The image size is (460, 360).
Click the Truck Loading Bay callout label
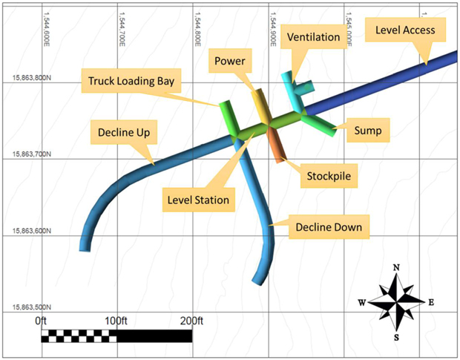coord(131,81)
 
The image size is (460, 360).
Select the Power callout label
coord(230,61)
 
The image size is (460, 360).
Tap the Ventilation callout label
coord(313,37)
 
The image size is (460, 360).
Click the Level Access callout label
coord(405,30)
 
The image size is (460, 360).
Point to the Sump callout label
coord(368,131)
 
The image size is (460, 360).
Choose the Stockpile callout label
coord(329,176)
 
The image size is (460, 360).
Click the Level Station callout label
coord(199,200)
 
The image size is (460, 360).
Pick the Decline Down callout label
coord(329,227)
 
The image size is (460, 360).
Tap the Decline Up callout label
coord(124,132)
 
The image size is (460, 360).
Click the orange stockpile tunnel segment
coord(275,146)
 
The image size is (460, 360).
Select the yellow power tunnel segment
coord(262,106)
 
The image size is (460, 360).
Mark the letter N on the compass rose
coord(396,267)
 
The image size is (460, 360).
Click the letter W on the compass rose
coord(362,303)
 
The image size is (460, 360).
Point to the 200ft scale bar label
coord(192,321)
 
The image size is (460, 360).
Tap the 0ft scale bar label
coord(41,321)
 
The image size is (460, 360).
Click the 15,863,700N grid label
coord(32,154)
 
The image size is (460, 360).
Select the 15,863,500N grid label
coord(32,307)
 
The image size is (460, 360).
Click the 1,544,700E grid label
coord(122,29)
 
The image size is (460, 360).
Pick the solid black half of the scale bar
coord(154,336)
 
